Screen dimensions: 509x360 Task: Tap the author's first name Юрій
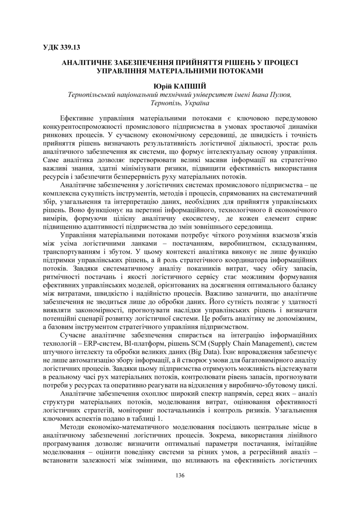coord(161,87)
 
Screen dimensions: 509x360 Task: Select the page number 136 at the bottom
coord(180,476)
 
